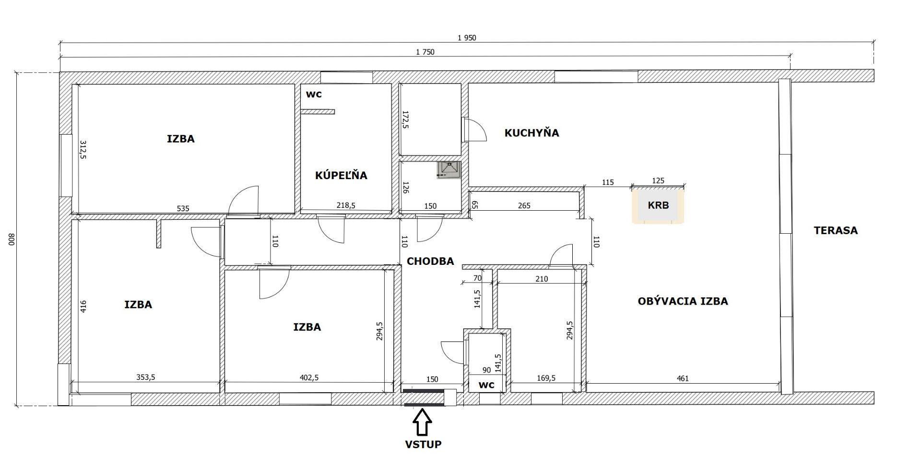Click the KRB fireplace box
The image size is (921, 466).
pos(658,205)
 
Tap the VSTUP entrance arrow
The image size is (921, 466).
pos(422,422)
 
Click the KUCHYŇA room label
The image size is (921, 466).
pos(531,133)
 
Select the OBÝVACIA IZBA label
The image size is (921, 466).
pos(683,301)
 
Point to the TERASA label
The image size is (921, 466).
pos(836,230)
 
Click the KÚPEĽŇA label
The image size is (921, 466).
pos(341,175)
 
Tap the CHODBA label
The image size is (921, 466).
pos(430,261)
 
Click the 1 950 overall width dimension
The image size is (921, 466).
pos(467,38)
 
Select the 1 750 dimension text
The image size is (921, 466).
pos(425,52)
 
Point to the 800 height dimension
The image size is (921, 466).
pos(12,239)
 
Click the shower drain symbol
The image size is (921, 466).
pos(449,170)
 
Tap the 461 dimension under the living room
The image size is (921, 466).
pos(683,378)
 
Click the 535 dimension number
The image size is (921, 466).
pos(183,208)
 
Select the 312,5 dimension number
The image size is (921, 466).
pos(83,150)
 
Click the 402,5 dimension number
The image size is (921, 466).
pos(309,377)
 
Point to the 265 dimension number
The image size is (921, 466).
pos(524,205)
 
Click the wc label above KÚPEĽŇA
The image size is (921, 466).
pos(314,94)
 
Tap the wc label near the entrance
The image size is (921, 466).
pos(486,385)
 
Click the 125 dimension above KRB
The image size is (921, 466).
pos(659,181)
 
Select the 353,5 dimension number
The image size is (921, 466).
pos(146,377)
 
